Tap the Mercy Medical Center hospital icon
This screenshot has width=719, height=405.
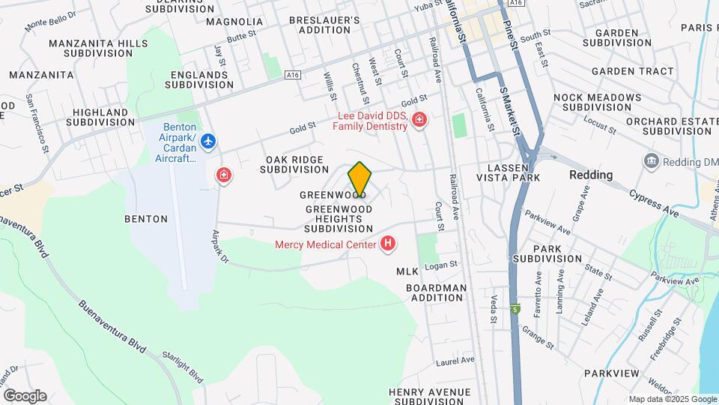388,243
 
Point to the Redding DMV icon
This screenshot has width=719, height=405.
650,161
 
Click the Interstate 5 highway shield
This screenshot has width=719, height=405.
515,309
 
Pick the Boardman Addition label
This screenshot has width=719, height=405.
436,292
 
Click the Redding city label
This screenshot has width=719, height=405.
591,175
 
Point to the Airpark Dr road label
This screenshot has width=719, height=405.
226,247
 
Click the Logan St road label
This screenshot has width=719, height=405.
440,265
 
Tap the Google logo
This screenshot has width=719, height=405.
25,395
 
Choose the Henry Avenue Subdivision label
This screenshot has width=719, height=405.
430,397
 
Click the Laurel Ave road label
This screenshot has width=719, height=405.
455,361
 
